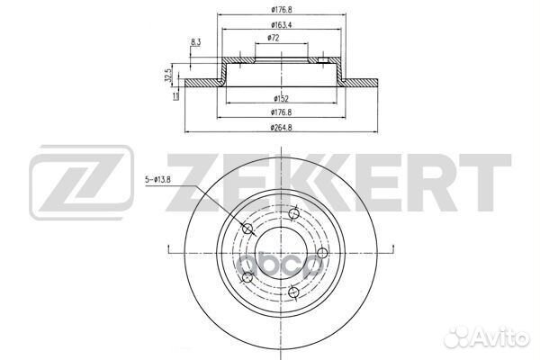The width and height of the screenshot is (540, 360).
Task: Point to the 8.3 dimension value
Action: pyautogui.click(x=195, y=41)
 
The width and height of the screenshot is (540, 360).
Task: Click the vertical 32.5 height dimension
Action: pyautogui.click(x=167, y=77)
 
